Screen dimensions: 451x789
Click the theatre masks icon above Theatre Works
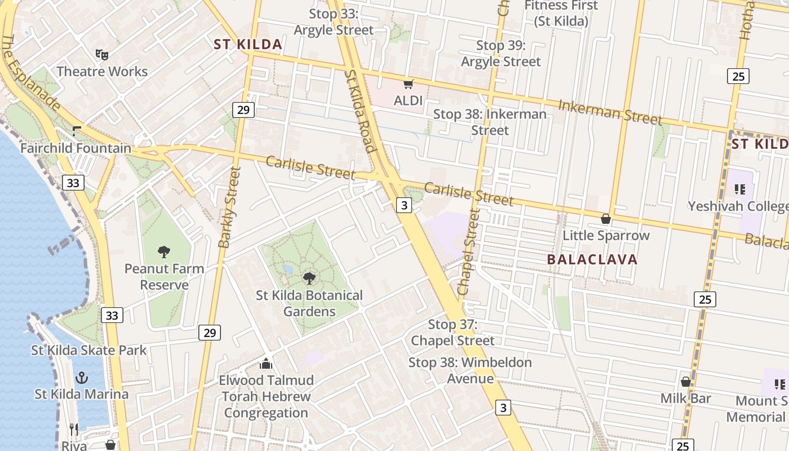pos(101,54)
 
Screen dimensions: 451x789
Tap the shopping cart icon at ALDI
pos(408,85)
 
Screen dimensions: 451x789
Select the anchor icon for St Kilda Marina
pos(82,377)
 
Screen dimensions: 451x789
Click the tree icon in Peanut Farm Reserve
pos(164,251)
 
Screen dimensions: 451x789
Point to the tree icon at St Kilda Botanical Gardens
pos(309,277)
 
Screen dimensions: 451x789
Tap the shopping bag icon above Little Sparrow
pos(606,218)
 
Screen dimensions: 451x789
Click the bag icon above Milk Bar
pos(686,382)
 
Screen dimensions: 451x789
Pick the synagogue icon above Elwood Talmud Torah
pos(266,364)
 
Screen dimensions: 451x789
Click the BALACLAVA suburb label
pos(592,259)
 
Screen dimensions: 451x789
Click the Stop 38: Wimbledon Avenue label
pos(470,370)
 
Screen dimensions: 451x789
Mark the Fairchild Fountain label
pos(76,148)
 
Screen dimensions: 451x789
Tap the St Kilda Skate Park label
pos(88,350)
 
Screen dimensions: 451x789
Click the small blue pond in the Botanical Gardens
pos(288,269)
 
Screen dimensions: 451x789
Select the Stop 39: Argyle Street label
pos(500,53)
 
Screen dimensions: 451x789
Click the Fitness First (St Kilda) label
pos(561,14)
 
